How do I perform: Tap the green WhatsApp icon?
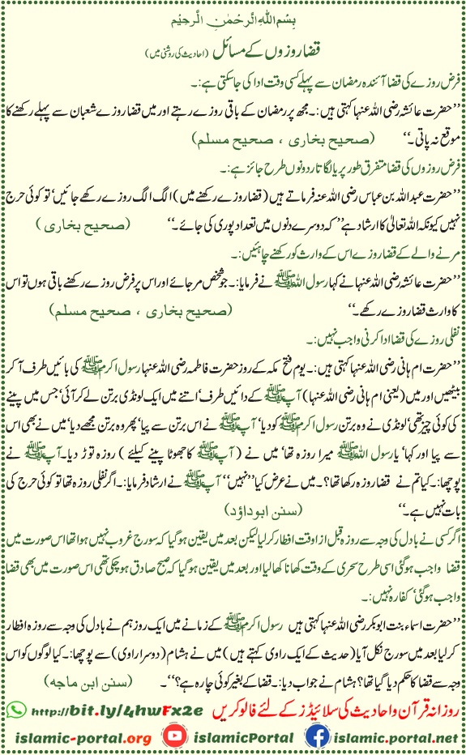(14, 692)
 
